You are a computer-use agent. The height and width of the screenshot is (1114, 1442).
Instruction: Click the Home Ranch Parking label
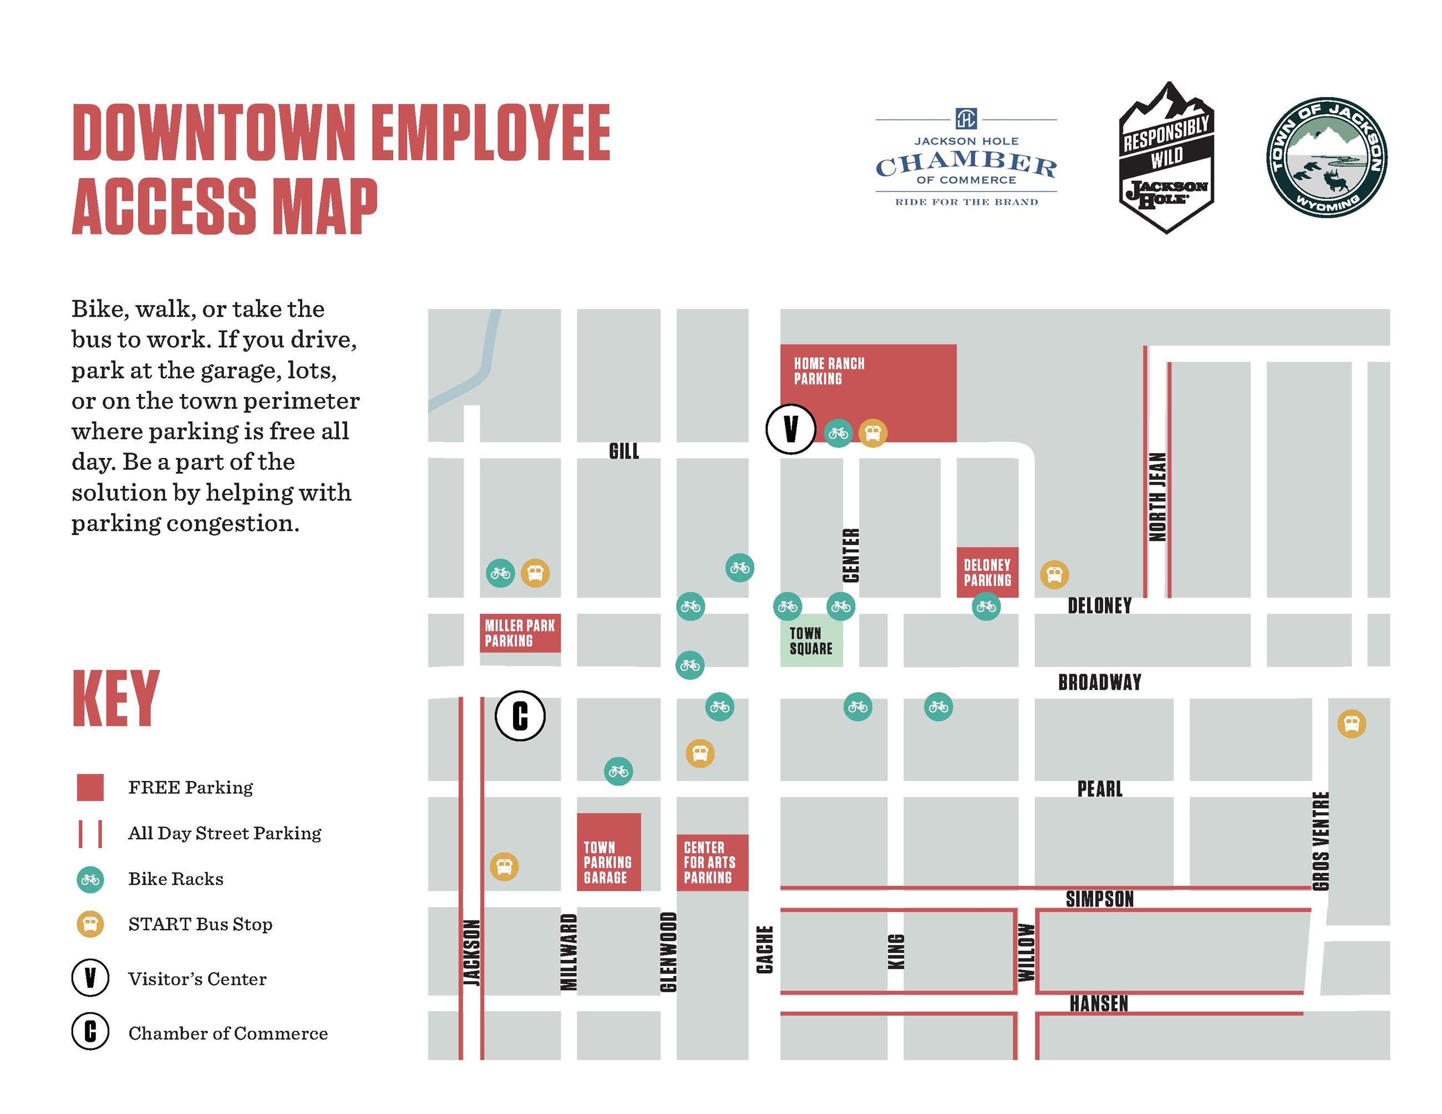tap(829, 371)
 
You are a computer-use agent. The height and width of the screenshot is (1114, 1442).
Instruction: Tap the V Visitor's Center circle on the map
tap(790, 429)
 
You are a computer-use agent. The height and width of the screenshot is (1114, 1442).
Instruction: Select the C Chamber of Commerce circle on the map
tap(520, 716)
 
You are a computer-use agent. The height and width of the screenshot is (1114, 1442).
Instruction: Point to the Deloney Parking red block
tap(987, 572)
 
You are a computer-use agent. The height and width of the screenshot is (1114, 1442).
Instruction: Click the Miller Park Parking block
tap(520, 633)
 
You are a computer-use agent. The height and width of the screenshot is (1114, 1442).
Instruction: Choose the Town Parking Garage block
tap(608, 853)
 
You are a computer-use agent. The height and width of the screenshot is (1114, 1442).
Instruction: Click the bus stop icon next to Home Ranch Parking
tap(872, 434)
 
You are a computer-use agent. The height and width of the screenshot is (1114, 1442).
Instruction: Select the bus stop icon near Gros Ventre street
tap(1351, 724)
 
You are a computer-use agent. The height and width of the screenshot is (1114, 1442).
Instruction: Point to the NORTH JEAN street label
tap(1157, 496)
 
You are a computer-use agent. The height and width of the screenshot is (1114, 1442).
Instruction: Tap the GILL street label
tap(623, 451)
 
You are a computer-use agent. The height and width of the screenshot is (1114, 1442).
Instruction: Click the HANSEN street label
tap(1099, 1004)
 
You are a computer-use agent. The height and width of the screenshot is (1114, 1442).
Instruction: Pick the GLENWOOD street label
tap(668, 951)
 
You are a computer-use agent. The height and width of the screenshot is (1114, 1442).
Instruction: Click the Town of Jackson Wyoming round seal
tap(1327, 157)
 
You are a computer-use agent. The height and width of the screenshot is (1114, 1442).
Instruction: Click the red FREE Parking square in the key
tap(90, 787)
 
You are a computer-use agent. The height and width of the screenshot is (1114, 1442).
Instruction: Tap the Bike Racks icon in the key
tap(90, 879)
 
